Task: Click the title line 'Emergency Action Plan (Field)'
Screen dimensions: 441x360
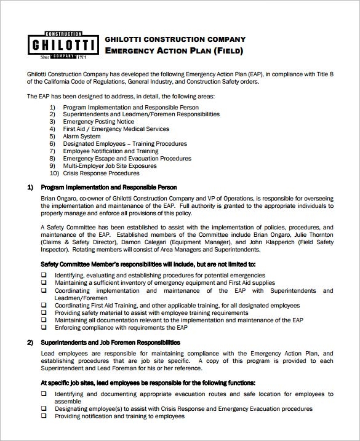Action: tap(174, 50)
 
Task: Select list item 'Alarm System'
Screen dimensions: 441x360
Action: tap(82, 137)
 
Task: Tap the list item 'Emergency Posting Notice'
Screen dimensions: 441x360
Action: tap(98, 122)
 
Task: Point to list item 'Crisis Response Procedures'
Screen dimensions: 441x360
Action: tap(101, 173)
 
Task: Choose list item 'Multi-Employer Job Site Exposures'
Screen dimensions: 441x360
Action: tap(110, 166)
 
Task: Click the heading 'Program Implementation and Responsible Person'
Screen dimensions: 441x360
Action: tap(108, 187)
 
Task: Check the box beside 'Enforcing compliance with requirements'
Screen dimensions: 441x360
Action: tap(44, 328)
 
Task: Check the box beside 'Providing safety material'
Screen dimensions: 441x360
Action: tap(44, 313)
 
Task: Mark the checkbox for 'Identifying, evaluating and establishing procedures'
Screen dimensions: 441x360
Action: tap(44, 275)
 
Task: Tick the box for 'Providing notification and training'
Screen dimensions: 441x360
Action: tap(44, 416)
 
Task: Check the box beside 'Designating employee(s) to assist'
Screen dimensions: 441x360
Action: tap(44, 408)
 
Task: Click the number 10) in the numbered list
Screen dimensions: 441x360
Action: tap(53, 173)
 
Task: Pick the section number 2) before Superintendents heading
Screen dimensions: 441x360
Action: tap(30, 342)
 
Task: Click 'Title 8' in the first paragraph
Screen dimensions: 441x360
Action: tap(322, 74)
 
